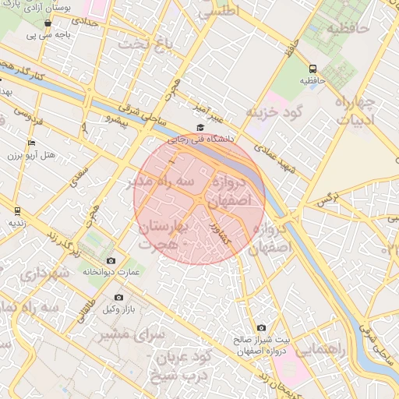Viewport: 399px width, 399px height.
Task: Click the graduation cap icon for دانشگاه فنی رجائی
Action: (199, 127)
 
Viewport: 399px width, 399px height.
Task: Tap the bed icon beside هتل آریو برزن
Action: (31, 143)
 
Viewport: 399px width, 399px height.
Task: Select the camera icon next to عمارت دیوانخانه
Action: (111, 260)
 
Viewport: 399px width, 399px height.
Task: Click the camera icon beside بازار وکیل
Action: (118, 297)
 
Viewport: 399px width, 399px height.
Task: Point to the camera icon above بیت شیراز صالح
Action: (261, 328)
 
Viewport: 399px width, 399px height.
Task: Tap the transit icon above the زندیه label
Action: (17, 210)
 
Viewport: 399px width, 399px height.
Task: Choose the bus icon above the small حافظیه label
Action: (312, 69)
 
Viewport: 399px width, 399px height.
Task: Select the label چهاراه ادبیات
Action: (355, 111)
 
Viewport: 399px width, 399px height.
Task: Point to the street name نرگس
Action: (327, 202)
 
